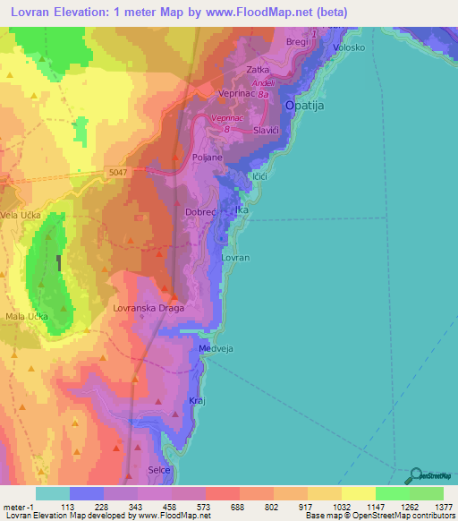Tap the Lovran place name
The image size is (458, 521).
coord(235,258)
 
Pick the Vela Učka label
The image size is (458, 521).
coord(21,216)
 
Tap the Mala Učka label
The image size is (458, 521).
coord(28,317)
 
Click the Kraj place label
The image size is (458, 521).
coord(198,400)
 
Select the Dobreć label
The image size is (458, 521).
coord(200,212)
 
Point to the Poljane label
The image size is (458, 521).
coord(208,157)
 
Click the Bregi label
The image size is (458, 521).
coord(297,42)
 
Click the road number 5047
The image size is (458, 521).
coord(116,172)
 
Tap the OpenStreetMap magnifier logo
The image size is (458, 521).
coord(416,475)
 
